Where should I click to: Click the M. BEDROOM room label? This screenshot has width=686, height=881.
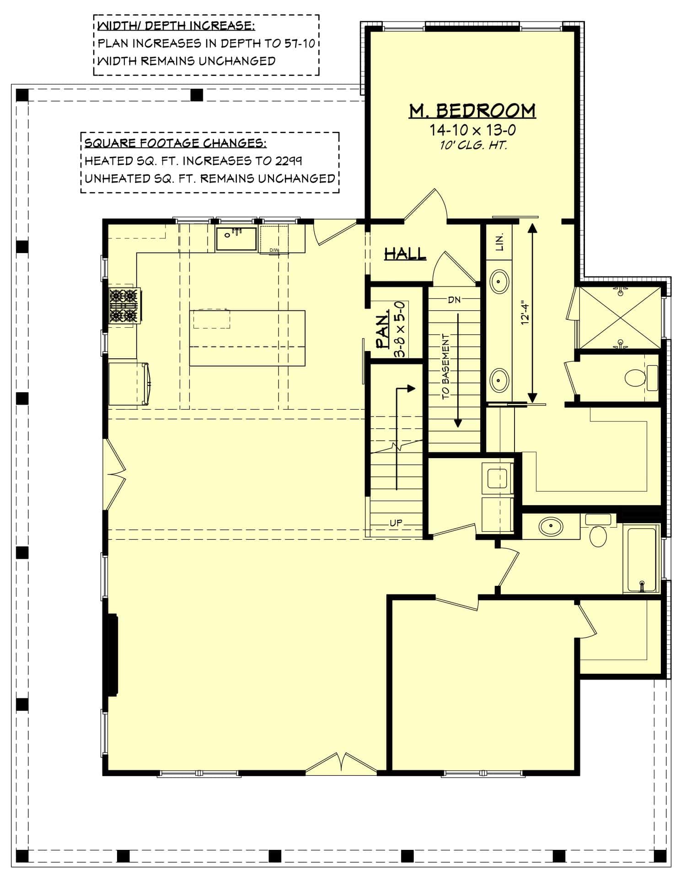pyautogui.click(x=472, y=111)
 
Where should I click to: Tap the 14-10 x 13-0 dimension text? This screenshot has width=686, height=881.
pyautogui.click(x=472, y=130)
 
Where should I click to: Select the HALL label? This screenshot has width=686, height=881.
pyautogui.click(x=405, y=254)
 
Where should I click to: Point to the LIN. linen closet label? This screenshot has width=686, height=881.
pyautogui.click(x=499, y=242)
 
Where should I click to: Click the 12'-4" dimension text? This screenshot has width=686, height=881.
pyautogui.click(x=525, y=312)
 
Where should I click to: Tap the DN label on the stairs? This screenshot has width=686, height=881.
pyautogui.click(x=454, y=300)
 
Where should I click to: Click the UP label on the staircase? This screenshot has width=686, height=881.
pyautogui.click(x=396, y=523)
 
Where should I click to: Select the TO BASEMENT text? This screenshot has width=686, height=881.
pyautogui.click(x=446, y=366)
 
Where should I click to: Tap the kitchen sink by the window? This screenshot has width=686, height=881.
pyautogui.click(x=236, y=239)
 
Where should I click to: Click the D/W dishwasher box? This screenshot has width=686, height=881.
pyautogui.click(x=274, y=238)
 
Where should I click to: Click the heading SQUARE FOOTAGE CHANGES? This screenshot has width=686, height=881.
pyautogui.click(x=175, y=143)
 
